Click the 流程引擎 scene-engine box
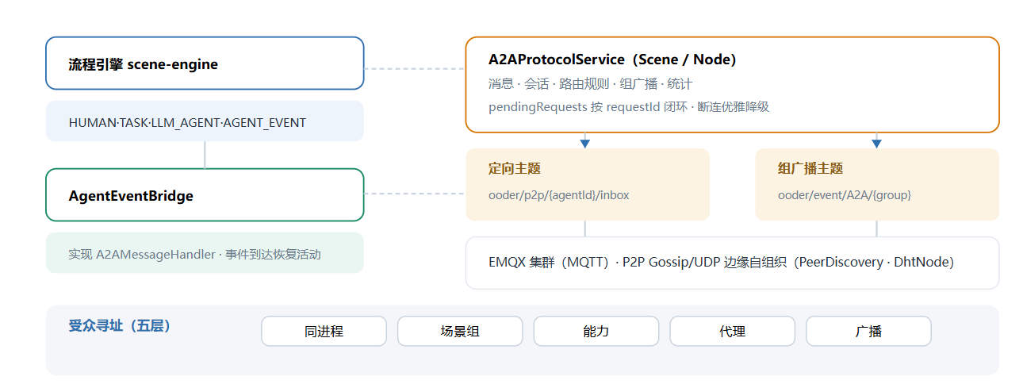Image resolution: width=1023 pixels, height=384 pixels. [x=205, y=63]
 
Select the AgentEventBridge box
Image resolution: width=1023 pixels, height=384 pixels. [x=205, y=194]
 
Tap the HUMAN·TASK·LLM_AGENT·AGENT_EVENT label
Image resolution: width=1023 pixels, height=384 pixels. [x=187, y=122]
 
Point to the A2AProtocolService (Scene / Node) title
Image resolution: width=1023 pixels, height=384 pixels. [x=612, y=60]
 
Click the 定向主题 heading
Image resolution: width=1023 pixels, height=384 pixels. [x=514, y=168]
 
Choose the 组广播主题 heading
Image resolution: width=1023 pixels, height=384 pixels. [x=810, y=168]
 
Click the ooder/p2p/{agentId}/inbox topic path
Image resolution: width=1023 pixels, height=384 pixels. [x=558, y=195]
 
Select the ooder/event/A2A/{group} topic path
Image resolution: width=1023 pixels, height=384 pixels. [x=845, y=195]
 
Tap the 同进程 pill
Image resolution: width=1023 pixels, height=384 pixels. [x=324, y=331]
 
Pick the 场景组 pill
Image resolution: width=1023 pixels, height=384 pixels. [x=460, y=331]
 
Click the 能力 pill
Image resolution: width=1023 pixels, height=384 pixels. [x=596, y=331]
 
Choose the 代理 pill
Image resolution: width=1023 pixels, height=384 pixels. [x=732, y=331]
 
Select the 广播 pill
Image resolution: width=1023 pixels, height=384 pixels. [x=868, y=331]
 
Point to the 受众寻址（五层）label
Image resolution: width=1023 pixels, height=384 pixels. [x=120, y=325]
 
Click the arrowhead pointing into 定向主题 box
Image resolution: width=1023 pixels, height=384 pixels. [x=585, y=144]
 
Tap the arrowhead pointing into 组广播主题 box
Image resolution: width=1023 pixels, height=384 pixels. [x=876, y=144]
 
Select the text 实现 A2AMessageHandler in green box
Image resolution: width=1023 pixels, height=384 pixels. [x=142, y=254]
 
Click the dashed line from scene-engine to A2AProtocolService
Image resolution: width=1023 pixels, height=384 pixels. [x=415, y=68]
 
